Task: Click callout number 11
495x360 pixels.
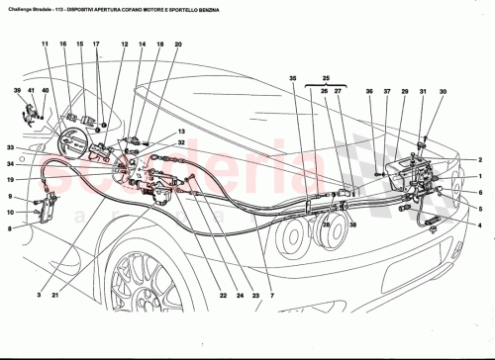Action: coord(45,45)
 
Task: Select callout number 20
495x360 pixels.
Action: coord(178,45)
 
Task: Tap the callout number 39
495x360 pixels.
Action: coord(18,91)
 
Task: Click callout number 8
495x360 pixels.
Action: coord(10,228)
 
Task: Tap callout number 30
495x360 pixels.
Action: coord(443,92)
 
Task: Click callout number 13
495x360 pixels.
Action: coord(181,132)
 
